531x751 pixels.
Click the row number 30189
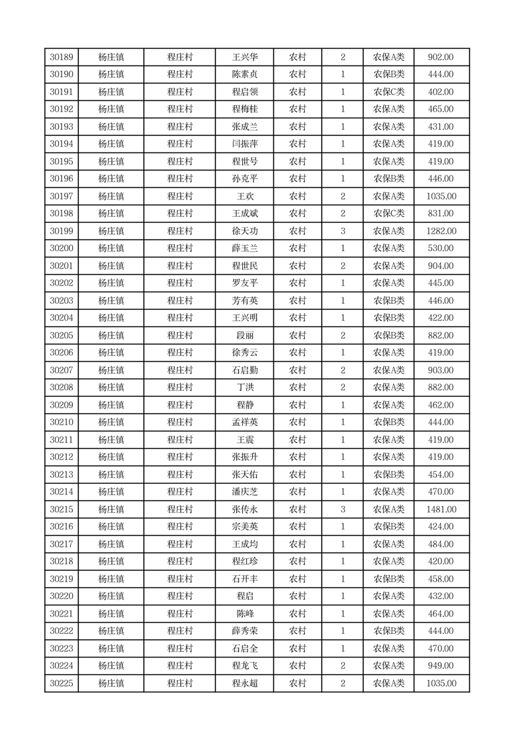pyautogui.click(x=62, y=58)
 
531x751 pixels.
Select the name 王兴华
pyautogui.click(x=245, y=58)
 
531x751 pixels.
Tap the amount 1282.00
pyautogui.click(x=441, y=231)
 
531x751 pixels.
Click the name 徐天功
pyautogui.click(x=245, y=231)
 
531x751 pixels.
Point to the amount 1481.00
pyautogui.click(x=441, y=509)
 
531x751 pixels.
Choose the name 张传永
pyautogui.click(x=245, y=509)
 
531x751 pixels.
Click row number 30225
pyautogui.click(x=62, y=683)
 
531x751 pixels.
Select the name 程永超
pyautogui.click(x=245, y=683)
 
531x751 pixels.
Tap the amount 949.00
pyautogui.click(x=441, y=666)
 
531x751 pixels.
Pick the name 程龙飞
pyautogui.click(x=245, y=666)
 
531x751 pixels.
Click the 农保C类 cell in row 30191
pyautogui.click(x=389, y=92)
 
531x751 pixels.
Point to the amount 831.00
pyautogui.click(x=441, y=214)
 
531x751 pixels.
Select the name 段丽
pyautogui.click(x=245, y=335)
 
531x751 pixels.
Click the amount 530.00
pyautogui.click(x=441, y=248)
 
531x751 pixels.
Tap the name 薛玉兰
pyautogui.click(x=245, y=248)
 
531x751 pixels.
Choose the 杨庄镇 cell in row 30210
pyautogui.click(x=111, y=422)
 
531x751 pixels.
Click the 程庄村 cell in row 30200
pyautogui.click(x=180, y=248)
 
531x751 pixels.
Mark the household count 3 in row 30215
pyautogui.click(x=343, y=509)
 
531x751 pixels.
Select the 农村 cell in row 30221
pyautogui.click(x=298, y=614)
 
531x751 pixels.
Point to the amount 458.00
pyautogui.click(x=441, y=579)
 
